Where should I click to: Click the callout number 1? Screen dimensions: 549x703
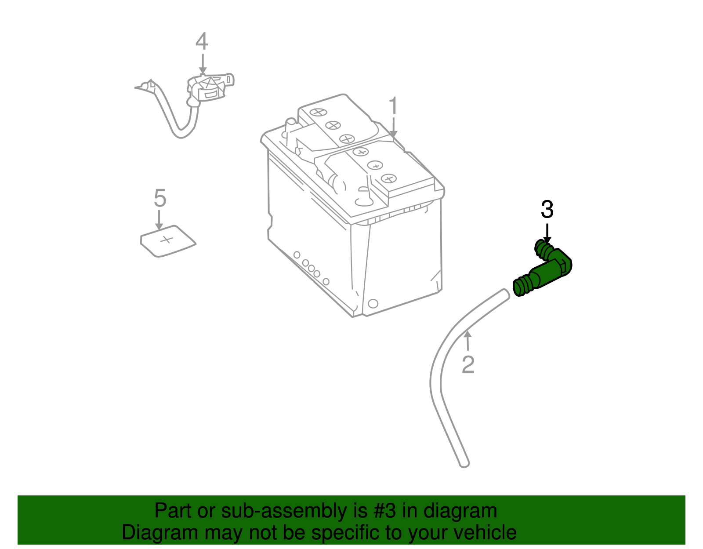point(393,106)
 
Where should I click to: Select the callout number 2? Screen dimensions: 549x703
point(468,364)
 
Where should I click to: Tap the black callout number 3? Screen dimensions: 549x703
point(547,210)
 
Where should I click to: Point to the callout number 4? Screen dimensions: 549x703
point(202,41)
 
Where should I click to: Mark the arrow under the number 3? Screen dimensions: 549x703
point(547,233)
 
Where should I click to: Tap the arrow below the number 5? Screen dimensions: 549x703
point(159,220)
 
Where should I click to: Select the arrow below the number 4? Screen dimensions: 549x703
point(202,64)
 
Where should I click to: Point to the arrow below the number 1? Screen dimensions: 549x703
point(393,127)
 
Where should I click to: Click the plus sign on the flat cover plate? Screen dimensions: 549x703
point(166,240)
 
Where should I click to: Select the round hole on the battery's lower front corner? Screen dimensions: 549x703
point(373,303)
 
